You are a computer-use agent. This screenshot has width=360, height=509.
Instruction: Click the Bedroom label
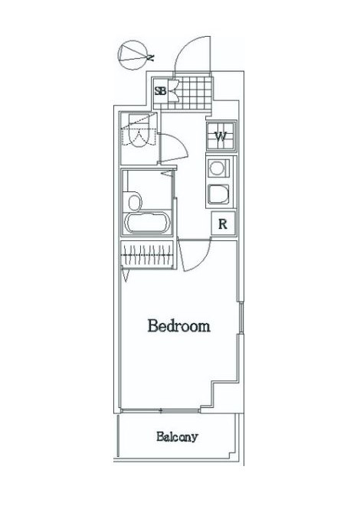(179, 325)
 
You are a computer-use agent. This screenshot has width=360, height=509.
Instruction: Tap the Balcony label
(177, 436)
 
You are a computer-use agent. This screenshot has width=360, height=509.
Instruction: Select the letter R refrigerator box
(223, 224)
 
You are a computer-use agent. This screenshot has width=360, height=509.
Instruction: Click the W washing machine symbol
(221, 136)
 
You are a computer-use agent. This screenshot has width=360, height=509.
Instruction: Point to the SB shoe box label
(160, 90)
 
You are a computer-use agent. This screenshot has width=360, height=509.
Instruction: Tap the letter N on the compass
(150, 57)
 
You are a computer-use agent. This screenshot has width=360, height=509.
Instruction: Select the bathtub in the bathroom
(148, 224)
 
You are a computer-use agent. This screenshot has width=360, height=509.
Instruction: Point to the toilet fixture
(139, 131)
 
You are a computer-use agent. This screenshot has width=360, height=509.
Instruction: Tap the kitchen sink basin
(218, 194)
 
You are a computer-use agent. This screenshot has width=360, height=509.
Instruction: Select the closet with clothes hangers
(148, 255)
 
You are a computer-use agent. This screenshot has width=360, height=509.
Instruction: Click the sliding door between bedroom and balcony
(161, 410)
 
